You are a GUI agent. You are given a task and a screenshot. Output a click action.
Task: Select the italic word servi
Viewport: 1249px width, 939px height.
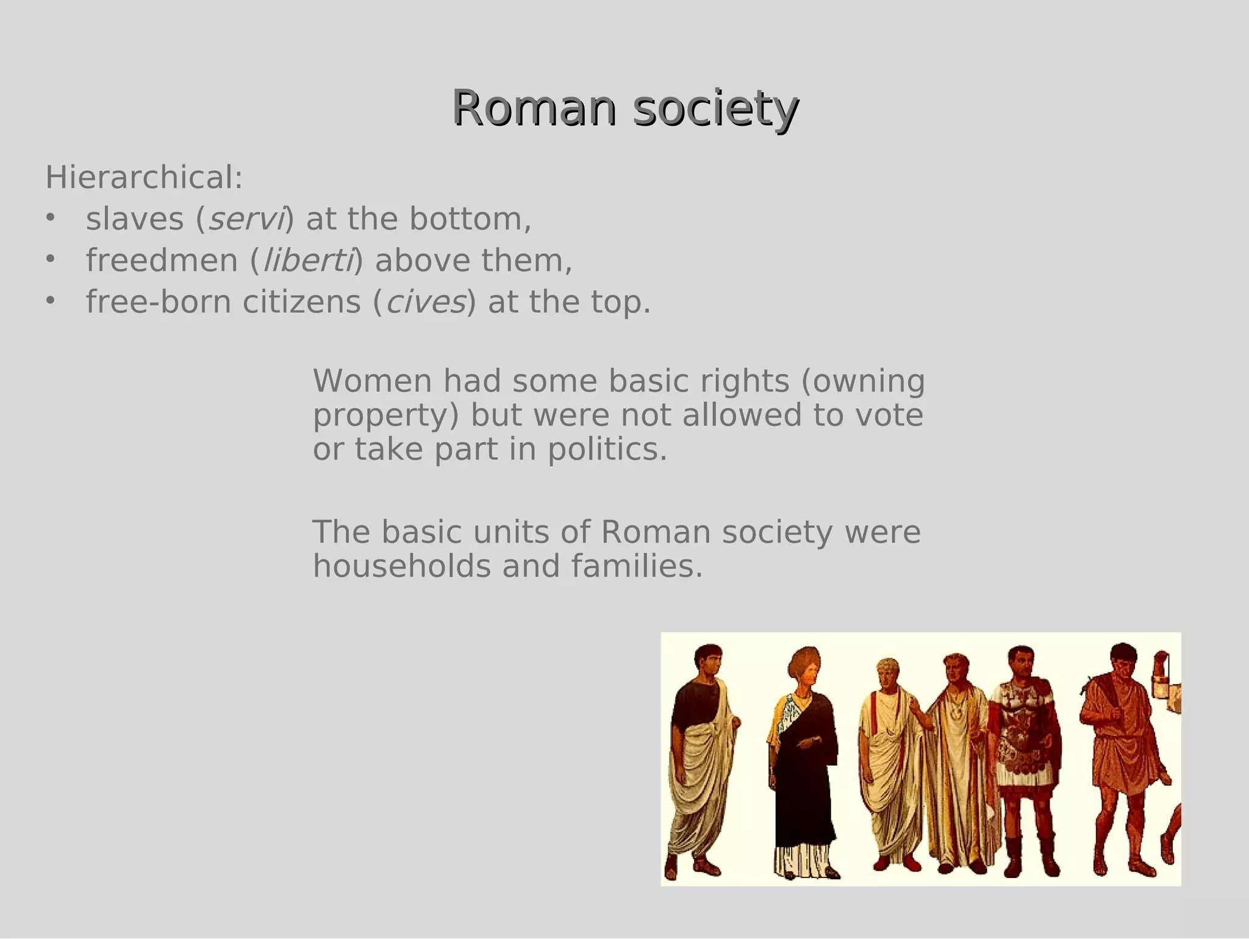[x=246, y=219]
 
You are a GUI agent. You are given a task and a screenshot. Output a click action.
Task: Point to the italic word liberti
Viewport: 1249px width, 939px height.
[x=308, y=261]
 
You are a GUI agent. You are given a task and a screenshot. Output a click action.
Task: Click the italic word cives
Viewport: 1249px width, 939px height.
[x=426, y=302]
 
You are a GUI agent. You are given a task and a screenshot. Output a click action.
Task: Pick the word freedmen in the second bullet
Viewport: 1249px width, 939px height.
[x=162, y=261]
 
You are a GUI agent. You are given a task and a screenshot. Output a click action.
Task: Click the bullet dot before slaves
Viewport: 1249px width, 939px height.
[x=50, y=218]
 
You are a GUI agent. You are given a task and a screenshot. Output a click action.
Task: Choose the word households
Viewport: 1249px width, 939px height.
[x=401, y=566]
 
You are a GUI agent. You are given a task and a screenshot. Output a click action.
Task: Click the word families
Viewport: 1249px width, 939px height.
[x=637, y=566]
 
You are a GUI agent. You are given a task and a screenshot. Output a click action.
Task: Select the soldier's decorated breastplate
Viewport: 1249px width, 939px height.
[x=1023, y=726]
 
